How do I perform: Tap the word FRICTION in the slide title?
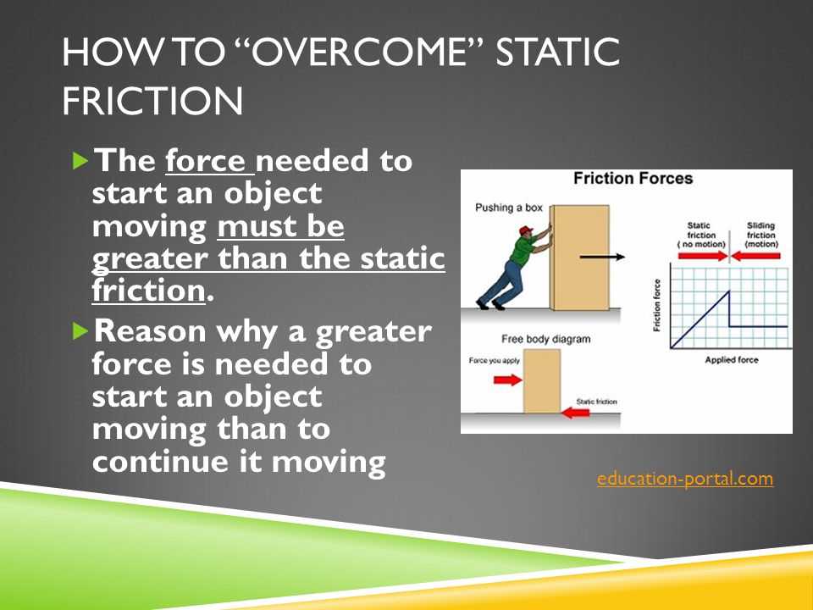(x=152, y=101)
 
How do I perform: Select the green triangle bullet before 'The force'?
(x=81, y=161)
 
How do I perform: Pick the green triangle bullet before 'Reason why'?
(x=81, y=331)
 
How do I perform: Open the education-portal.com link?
(x=685, y=478)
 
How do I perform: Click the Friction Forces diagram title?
(x=633, y=179)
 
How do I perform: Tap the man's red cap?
(x=525, y=230)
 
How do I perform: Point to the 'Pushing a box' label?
(x=509, y=208)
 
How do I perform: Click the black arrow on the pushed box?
(x=602, y=257)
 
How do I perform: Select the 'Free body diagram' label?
(x=546, y=339)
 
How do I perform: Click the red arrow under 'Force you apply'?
(x=507, y=380)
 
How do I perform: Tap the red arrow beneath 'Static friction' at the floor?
(x=576, y=413)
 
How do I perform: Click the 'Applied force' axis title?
(x=732, y=359)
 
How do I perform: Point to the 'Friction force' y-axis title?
(x=657, y=305)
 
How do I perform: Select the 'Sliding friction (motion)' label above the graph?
(x=761, y=235)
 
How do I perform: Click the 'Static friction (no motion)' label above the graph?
(x=701, y=235)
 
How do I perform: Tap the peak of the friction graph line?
(x=729, y=291)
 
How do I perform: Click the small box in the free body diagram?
(x=542, y=380)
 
